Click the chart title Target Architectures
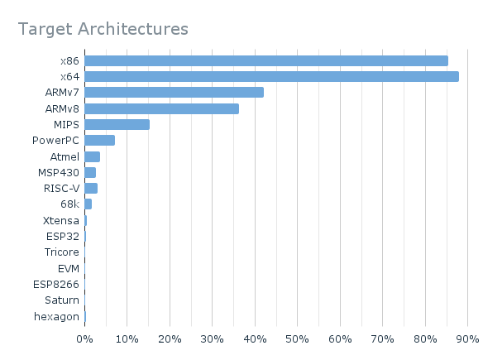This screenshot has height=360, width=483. click(103, 29)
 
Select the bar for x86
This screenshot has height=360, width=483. click(265, 60)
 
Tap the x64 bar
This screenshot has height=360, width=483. click(271, 76)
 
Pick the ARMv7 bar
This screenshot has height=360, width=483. click(174, 92)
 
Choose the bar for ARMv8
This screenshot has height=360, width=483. click(161, 108)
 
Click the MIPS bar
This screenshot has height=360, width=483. click(117, 124)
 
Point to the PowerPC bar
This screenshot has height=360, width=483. click(99, 140)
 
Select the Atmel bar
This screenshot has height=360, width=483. click(92, 156)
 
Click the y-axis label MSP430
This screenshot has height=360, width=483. click(59, 172)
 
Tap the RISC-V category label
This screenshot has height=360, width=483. click(61, 188)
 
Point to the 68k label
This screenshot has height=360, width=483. click(69, 204)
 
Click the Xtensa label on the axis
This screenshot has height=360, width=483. click(60, 220)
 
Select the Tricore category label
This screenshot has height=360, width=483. click(62, 252)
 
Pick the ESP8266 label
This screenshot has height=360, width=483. click(56, 284)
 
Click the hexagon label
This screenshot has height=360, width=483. click(57, 316)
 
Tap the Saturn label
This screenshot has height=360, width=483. click(62, 300)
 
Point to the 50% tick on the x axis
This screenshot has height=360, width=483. click(297, 339)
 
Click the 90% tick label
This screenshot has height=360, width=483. click(467, 339)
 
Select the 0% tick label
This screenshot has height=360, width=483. click(84, 339)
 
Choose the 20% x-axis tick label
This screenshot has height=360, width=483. click(170, 339)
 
